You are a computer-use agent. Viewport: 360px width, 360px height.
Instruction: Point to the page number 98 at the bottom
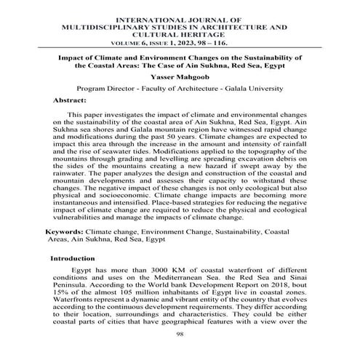[181, 335]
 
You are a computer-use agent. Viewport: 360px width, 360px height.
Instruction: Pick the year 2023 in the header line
[192, 43]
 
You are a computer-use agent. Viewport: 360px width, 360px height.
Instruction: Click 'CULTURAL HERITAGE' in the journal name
[180, 33]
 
